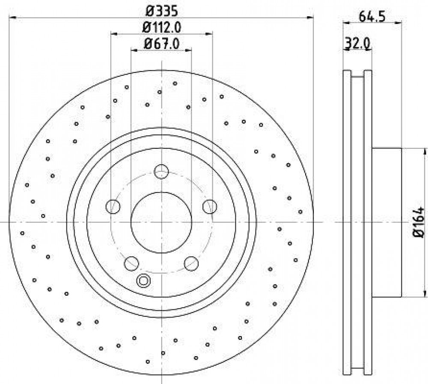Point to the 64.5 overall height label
[x=372, y=17]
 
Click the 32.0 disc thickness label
[x=357, y=43]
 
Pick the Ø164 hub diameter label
[x=419, y=222]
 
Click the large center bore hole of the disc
[x=161, y=222]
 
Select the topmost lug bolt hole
[x=161, y=171]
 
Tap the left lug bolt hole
[x=113, y=206]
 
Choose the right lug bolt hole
[x=210, y=206]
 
